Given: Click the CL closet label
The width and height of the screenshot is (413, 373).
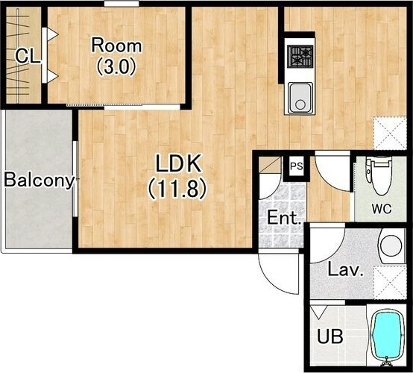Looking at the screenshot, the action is pyautogui.click(x=28, y=56).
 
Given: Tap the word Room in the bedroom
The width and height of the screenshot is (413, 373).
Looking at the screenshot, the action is pyautogui.click(x=116, y=46).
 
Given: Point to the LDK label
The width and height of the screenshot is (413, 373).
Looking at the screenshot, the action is pyautogui.click(x=178, y=163).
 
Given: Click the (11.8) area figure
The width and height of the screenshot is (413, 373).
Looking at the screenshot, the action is pyautogui.click(x=177, y=189).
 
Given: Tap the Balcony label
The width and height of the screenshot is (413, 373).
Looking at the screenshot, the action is pyautogui.click(x=39, y=181).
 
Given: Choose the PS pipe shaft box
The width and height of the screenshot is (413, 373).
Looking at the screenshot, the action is pyautogui.click(x=297, y=166).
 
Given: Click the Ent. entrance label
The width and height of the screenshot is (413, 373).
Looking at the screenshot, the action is pyautogui.click(x=284, y=218).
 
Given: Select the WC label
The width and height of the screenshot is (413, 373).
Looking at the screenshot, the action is pyautogui.click(x=382, y=209).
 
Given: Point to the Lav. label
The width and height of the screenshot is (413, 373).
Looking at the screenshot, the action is pyautogui.click(x=345, y=270).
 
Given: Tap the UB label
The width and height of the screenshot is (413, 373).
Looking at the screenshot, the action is pyautogui.click(x=330, y=336).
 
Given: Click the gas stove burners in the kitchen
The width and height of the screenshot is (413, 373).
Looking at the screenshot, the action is pyautogui.click(x=300, y=57).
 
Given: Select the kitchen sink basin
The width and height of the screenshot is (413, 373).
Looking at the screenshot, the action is pyautogui.click(x=300, y=98).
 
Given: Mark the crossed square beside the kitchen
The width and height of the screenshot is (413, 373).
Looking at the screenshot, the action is pyautogui.click(x=390, y=134).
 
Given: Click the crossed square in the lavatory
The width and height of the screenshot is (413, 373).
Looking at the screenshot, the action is pyautogui.click(x=390, y=282).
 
